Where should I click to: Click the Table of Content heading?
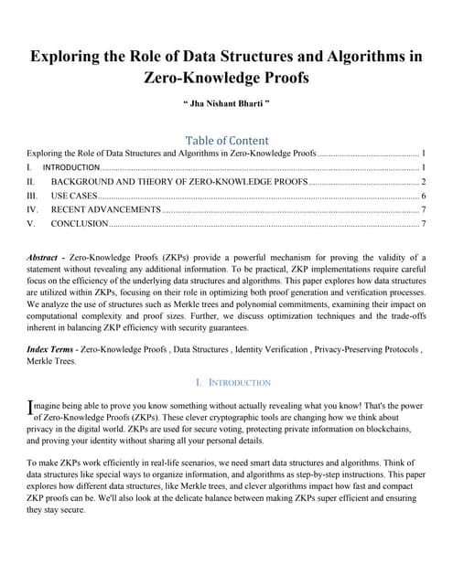click(x=226, y=140)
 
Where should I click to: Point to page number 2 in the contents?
click(x=423, y=182)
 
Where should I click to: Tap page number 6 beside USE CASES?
click(x=423, y=196)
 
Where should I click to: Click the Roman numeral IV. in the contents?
click(x=33, y=209)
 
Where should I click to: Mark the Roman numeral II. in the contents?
click(x=32, y=182)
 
